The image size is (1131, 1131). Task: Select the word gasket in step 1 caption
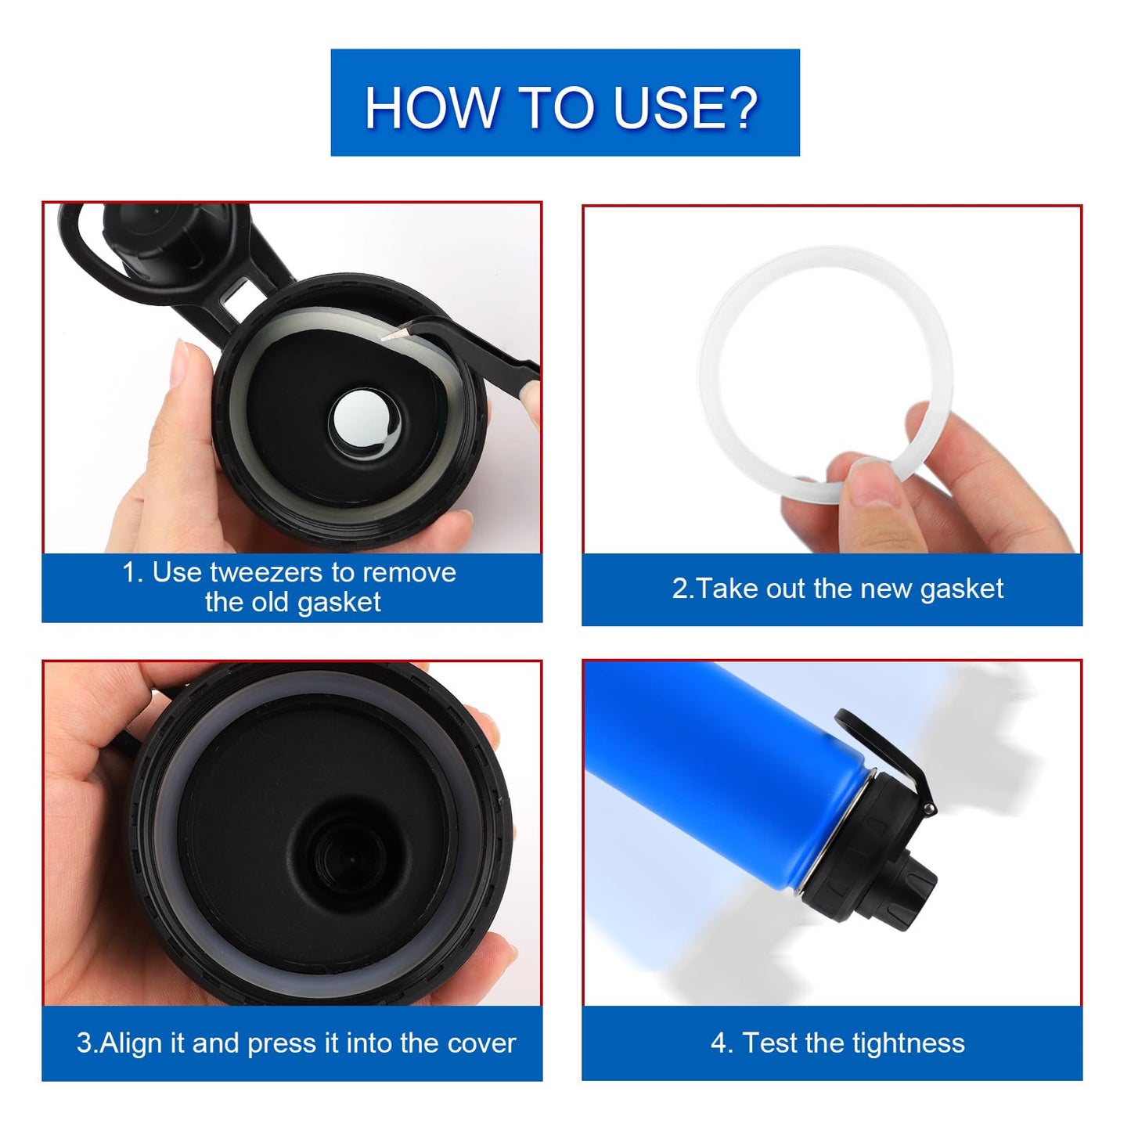pos(339,602)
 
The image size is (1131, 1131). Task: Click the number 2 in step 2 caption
pos(679,589)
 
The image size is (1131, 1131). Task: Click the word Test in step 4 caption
pos(769,1043)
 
